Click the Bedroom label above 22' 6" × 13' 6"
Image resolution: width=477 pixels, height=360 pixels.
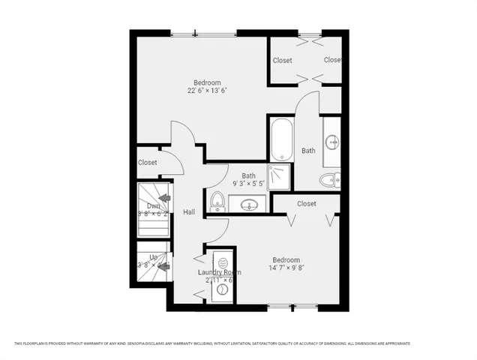pos(207,82)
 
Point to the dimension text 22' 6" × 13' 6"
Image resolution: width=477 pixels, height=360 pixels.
pos(207,91)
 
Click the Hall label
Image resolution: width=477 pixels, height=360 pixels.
pos(189,212)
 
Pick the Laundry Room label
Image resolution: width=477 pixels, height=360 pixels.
pos(218,272)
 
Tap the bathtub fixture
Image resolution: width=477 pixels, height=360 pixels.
pos(281,139)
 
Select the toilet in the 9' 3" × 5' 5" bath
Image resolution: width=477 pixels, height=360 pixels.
pos(217,201)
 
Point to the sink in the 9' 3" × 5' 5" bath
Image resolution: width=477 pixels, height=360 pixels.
pos(247,203)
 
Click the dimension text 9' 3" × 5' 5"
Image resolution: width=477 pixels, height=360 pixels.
pos(247,184)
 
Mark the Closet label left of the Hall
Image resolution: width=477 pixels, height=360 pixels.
pos(148,162)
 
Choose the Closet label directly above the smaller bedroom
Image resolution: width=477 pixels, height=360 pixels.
pos(306,203)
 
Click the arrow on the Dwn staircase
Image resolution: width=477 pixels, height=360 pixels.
pos(164,198)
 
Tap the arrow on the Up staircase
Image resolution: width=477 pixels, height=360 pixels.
pos(163,265)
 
